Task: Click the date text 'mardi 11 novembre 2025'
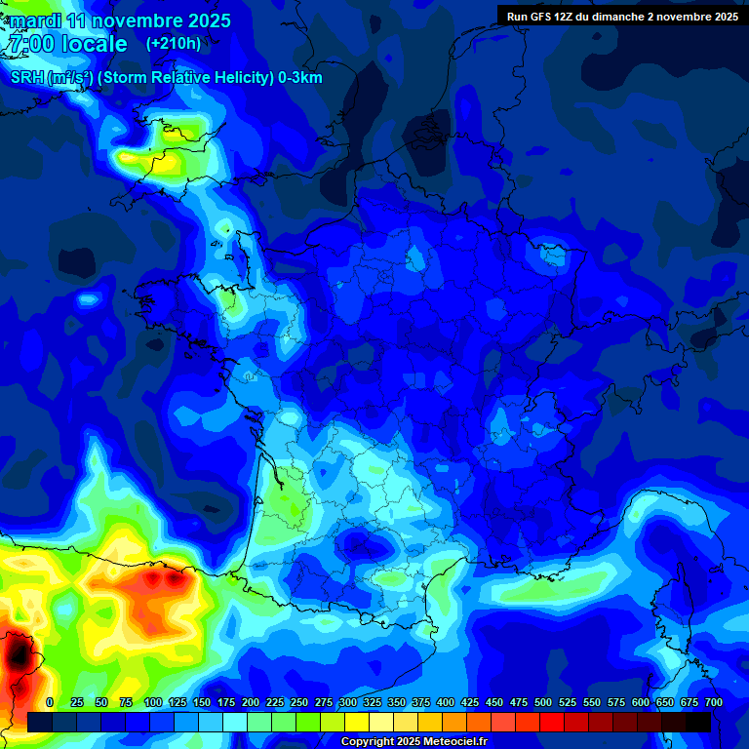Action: (x=120, y=20)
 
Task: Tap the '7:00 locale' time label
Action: (x=67, y=44)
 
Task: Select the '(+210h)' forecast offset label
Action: (x=174, y=43)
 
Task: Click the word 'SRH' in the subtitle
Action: (x=28, y=78)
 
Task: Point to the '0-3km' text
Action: (x=300, y=78)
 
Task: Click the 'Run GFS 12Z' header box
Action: (x=622, y=16)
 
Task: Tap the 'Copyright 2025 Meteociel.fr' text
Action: (x=414, y=741)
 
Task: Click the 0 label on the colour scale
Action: (x=50, y=702)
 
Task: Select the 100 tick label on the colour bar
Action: (x=152, y=702)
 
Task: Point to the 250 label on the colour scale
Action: (x=298, y=702)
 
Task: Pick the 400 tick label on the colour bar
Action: (x=445, y=702)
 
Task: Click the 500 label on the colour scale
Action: (x=543, y=702)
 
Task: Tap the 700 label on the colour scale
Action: (x=713, y=702)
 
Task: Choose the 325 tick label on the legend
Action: (x=372, y=702)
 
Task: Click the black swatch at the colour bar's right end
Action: (x=697, y=722)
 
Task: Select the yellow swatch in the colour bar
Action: (x=357, y=722)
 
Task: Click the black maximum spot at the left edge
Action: (x=17, y=651)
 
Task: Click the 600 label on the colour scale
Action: (x=641, y=702)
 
